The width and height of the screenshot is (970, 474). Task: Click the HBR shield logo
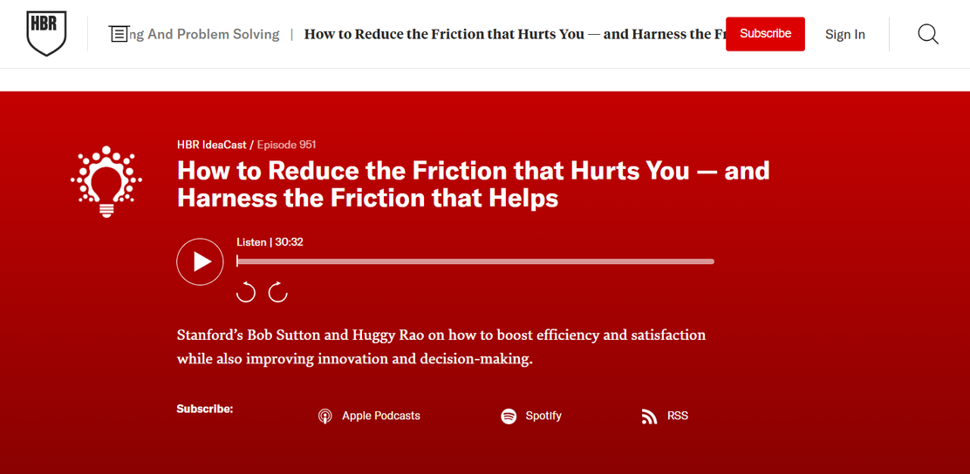tap(46, 34)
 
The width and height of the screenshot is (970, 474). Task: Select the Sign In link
tap(845, 35)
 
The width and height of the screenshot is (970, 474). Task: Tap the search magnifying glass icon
tap(928, 34)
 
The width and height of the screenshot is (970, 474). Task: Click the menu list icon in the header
tap(118, 34)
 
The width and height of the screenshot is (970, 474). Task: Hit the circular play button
tap(200, 261)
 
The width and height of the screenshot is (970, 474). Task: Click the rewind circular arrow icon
tap(246, 292)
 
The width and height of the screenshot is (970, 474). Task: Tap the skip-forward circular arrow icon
tap(277, 292)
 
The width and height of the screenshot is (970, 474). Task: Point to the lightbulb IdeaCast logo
tap(106, 182)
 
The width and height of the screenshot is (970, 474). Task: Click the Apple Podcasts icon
tap(324, 416)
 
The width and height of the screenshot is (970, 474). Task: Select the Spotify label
tap(543, 416)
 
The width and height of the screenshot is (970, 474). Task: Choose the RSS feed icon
tap(649, 416)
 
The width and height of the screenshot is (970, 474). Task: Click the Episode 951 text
tap(286, 146)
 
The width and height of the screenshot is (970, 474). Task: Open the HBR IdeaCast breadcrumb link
tap(212, 146)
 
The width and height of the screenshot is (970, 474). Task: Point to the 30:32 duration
tap(289, 242)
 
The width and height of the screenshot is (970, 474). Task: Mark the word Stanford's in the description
tap(209, 335)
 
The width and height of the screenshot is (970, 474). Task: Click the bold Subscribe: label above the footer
tap(205, 410)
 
